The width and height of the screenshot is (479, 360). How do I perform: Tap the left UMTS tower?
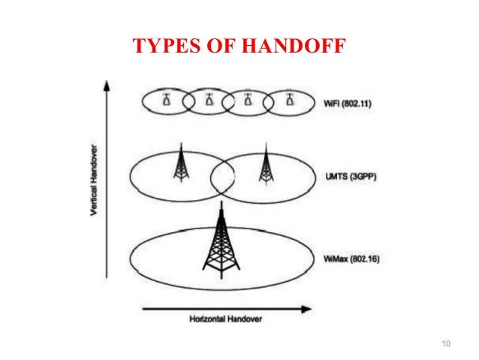[179, 163]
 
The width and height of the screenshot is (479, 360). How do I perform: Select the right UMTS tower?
[264, 165]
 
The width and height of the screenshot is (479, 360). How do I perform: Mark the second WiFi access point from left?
[208, 98]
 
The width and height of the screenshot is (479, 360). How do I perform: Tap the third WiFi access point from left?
[249, 98]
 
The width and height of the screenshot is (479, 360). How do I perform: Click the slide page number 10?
[446, 345]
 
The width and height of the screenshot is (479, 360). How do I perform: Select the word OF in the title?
[224, 47]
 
